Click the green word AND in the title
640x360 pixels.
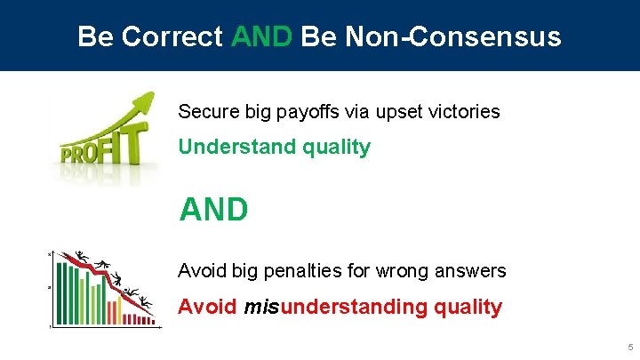260,36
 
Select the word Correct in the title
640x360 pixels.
174,36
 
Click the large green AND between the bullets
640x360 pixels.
213,210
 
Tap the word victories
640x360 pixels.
465,112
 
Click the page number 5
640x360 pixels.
629,347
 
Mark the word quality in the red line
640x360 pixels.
468,307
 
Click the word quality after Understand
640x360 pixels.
336,148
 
